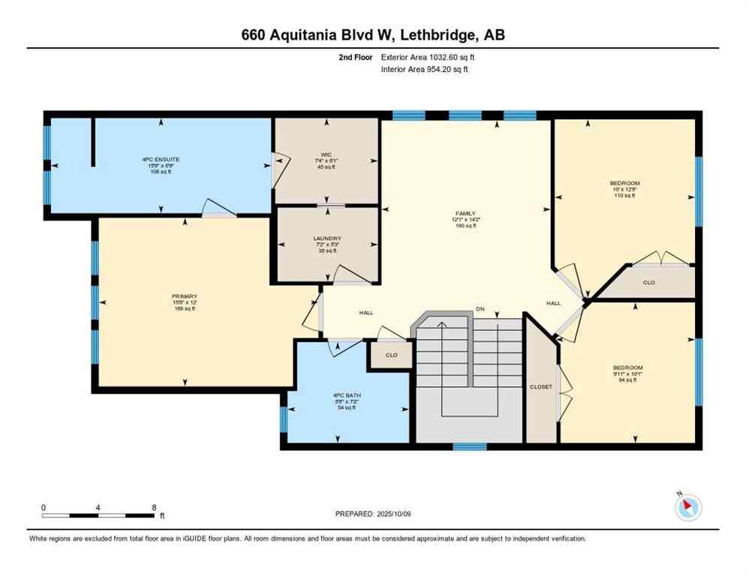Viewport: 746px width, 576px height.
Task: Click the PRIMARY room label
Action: pos(183,296)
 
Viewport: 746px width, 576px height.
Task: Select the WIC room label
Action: pos(326,154)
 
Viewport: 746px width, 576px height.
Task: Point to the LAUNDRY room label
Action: pos(327,239)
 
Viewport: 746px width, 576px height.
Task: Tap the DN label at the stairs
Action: pos(480,309)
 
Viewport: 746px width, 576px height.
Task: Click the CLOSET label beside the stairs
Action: pos(540,387)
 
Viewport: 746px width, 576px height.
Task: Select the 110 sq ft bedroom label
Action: pos(624,183)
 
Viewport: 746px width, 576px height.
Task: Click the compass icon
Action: pos(687,508)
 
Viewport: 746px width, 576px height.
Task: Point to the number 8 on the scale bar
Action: pos(153,508)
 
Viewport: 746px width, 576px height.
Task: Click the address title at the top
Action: pos(373,34)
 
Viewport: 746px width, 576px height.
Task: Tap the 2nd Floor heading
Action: pos(356,56)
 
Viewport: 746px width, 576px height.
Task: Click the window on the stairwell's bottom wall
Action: pos(470,447)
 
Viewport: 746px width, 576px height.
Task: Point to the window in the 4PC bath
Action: pos(284,420)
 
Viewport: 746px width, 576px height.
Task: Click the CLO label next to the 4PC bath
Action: pos(390,355)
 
